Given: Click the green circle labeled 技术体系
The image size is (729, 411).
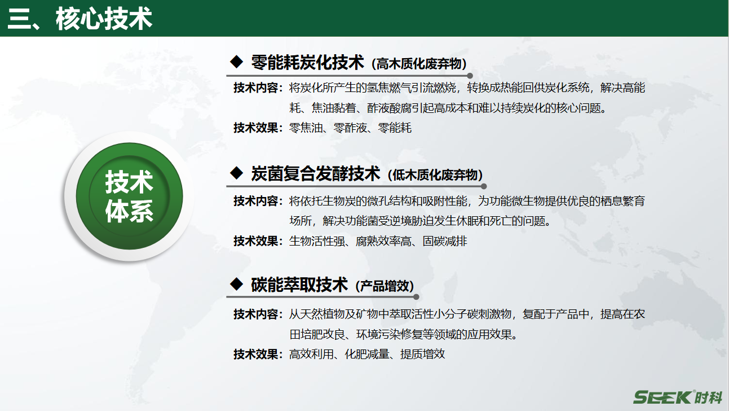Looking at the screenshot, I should point(129,197).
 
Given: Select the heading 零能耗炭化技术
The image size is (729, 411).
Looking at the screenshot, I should point(307,62).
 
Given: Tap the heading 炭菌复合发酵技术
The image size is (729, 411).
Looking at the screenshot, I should point(316,173).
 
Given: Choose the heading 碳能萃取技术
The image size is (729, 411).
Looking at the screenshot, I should point(299,285).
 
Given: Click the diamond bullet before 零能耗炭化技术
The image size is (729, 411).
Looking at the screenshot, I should point(237,61).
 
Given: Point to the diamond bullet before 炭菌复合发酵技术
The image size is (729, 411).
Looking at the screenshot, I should point(237,172).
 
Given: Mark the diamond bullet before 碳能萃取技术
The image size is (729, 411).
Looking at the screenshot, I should point(237,283).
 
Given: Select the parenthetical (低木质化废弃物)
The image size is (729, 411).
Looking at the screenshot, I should point(435,175).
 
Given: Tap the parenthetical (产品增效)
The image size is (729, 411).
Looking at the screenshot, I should point(385,286).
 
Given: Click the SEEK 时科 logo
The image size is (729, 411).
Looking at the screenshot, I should point(677,397).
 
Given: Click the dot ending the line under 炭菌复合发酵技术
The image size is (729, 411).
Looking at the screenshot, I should point(484,186).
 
